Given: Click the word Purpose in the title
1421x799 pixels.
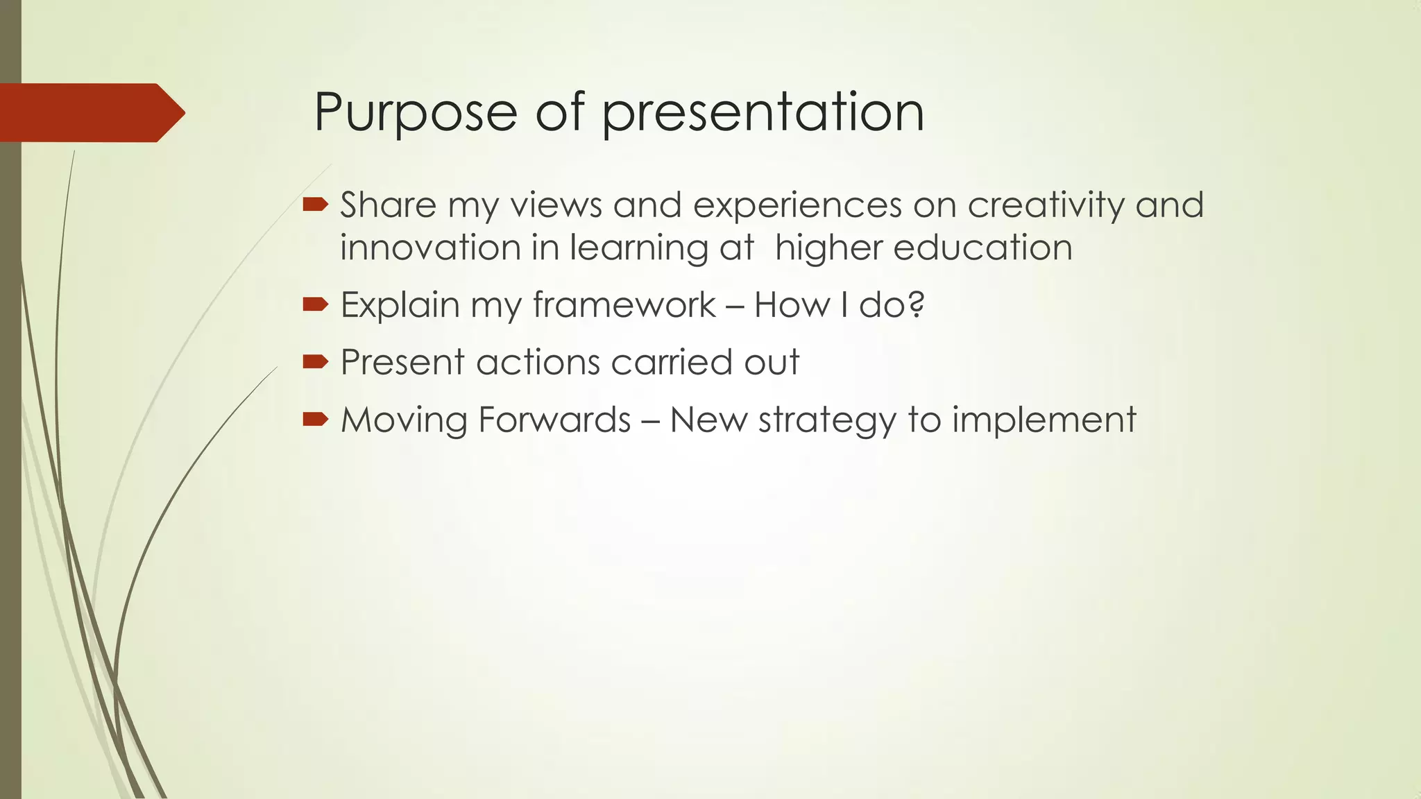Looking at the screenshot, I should coord(415,112).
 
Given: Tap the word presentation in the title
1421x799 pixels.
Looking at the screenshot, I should coord(763,112).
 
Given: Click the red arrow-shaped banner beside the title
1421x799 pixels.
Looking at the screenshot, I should coord(90,112).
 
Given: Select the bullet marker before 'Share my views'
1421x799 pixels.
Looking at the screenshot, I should coord(315,204).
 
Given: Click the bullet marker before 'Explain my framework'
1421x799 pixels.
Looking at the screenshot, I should coord(315,304).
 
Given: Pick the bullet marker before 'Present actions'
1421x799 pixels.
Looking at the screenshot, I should coord(315,361).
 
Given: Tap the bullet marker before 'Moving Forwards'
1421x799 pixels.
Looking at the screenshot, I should coord(315,419).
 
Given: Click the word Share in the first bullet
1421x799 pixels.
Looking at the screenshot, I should coord(388,205).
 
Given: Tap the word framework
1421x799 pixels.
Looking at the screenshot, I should coord(624,305).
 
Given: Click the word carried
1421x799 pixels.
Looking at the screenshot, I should coord(670,362).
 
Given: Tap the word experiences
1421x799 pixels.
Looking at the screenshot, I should coord(797,207).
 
